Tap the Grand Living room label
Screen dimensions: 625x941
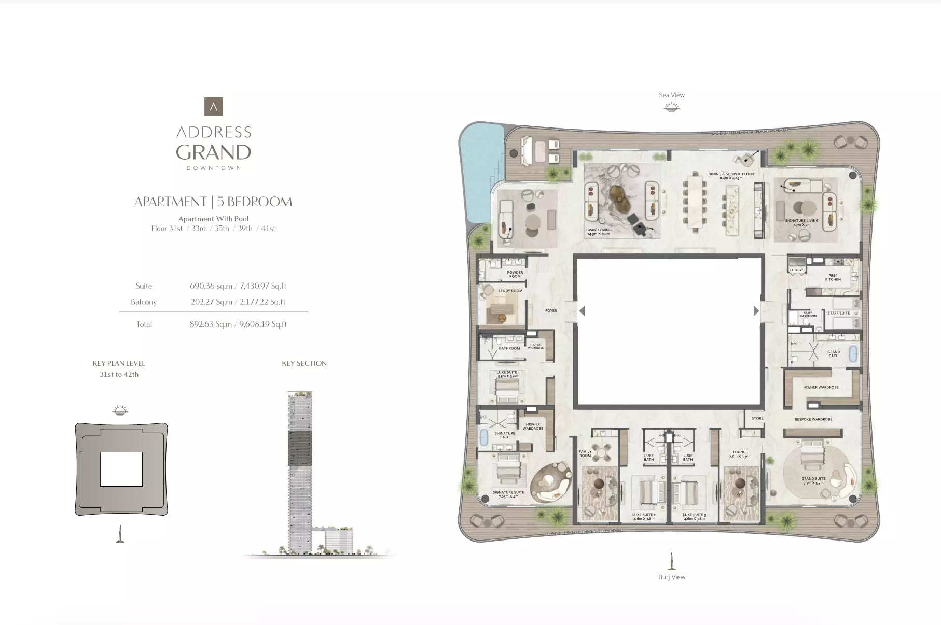pyautogui.click(x=599, y=232)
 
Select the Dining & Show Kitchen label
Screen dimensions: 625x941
pyautogui.click(x=731, y=176)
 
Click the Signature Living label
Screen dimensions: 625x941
pyautogui.click(x=801, y=222)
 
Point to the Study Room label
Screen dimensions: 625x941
pyautogui.click(x=510, y=291)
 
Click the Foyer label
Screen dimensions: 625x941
pyautogui.click(x=551, y=311)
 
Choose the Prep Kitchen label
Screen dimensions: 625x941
pyautogui.click(x=833, y=277)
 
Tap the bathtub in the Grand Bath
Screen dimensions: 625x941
pyautogui.click(x=853, y=354)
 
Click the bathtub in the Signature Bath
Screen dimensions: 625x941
pyautogui.click(x=484, y=437)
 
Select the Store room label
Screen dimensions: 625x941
pyautogui.click(x=757, y=418)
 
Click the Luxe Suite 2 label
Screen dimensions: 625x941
pyautogui.click(x=644, y=517)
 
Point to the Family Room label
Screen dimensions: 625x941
pyautogui.click(x=585, y=453)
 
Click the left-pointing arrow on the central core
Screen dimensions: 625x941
pyautogui.click(x=582, y=311)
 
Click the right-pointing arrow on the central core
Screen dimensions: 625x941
pyautogui.click(x=756, y=311)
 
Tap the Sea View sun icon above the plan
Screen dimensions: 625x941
pyautogui.click(x=671, y=107)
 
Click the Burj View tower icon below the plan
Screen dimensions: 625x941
pyautogui.click(x=672, y=560)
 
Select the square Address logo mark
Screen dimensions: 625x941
pyautogui.click(x=213, y=107)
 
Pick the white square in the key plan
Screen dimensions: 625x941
pyautogui.click(x=121, y=469)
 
